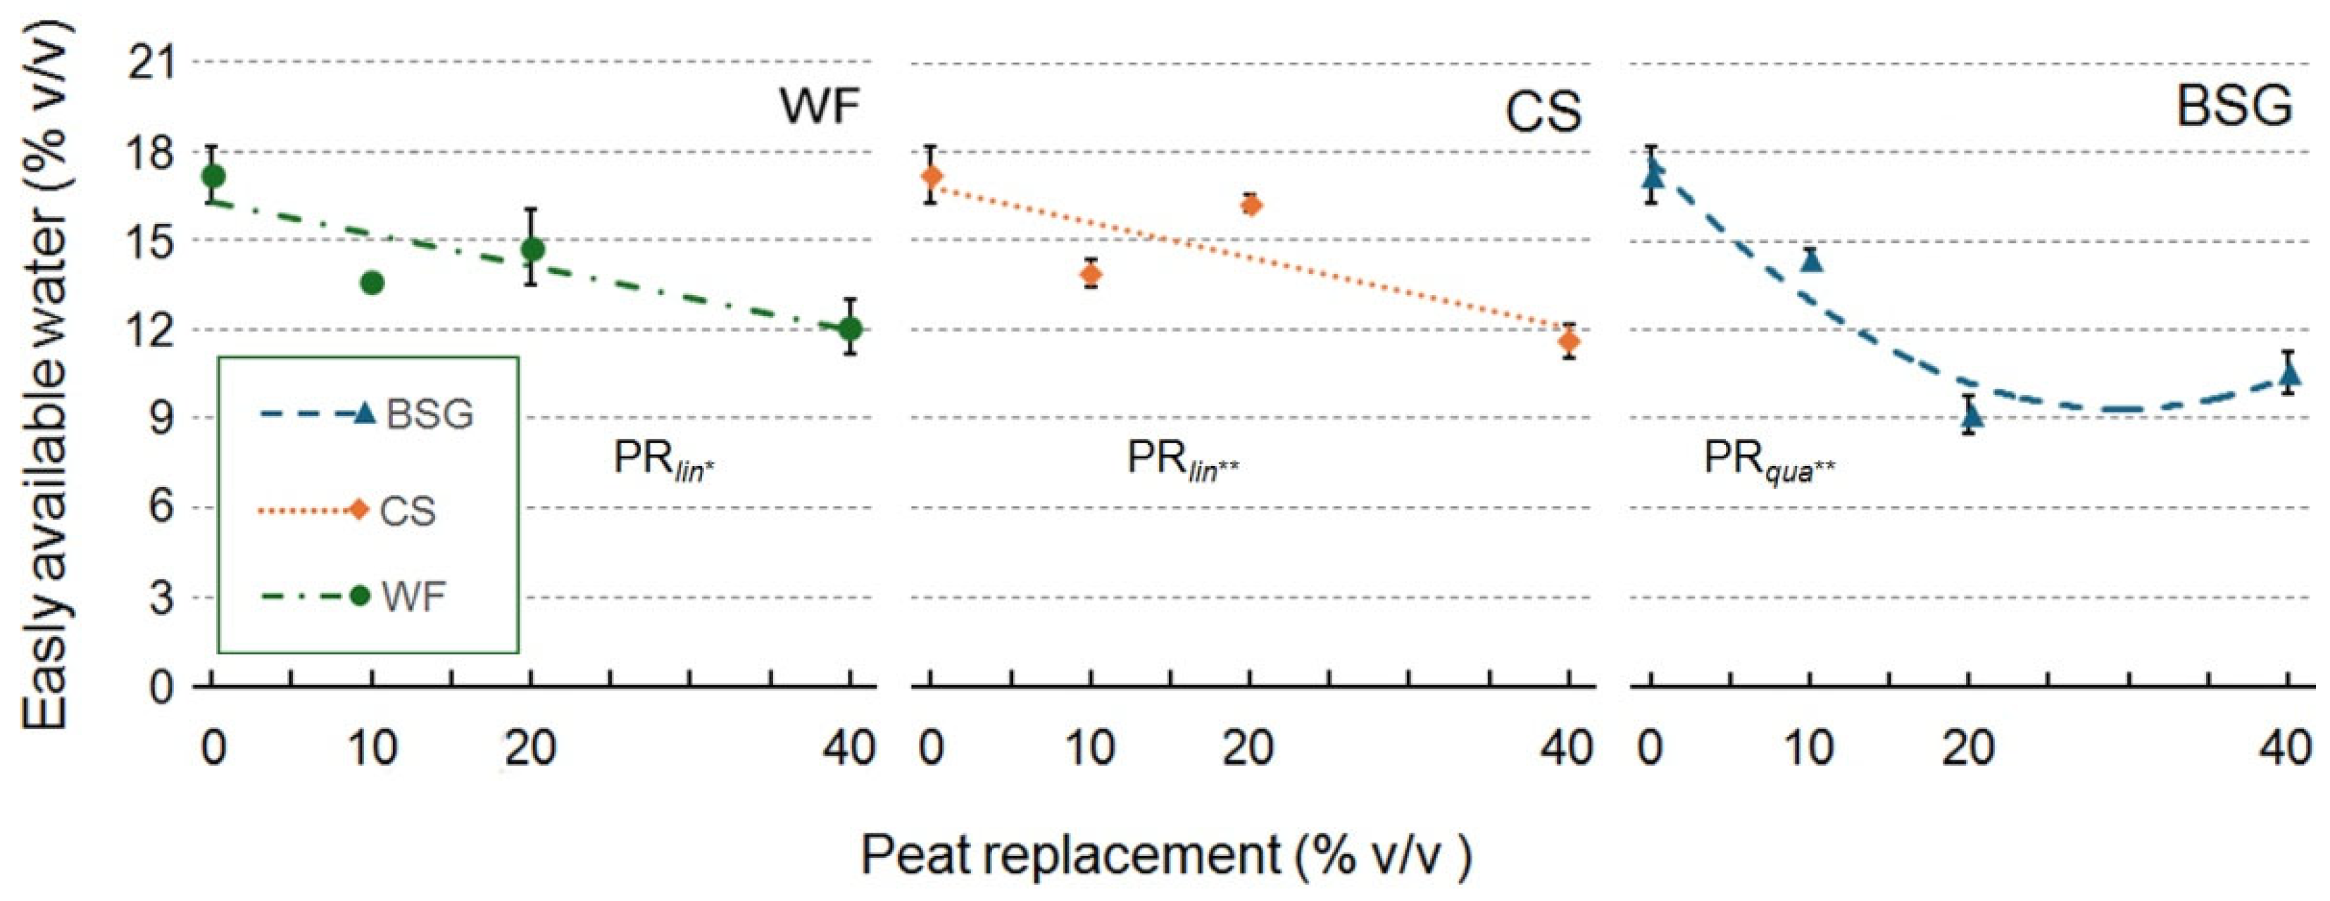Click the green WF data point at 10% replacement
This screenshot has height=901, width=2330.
pos(372,283)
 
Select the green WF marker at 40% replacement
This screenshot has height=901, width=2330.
pos(849,329)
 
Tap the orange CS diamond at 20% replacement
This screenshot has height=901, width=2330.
pos(1251,206)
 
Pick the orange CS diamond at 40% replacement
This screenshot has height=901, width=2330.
pos(1570,341)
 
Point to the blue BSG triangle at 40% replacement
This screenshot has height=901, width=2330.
pos(2289,372)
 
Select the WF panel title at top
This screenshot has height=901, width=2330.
pos(819,107)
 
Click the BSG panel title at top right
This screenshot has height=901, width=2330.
pos(2234,107)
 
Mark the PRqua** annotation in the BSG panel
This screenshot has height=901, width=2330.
pos(1768,460)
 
